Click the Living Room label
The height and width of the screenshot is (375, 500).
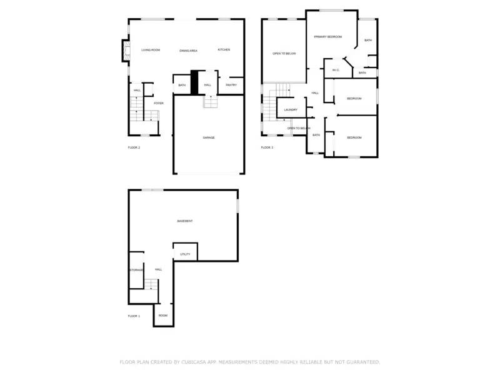coord(151,50)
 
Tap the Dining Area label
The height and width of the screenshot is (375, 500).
coord(188,50)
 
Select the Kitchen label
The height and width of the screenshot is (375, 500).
coord(224,49)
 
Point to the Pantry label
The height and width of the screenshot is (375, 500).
coord(231,85)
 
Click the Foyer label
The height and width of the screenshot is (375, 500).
coord(159,103)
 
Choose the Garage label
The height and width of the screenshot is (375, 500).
coord(208,137)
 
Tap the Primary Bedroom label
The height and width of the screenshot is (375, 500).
coord(328,37)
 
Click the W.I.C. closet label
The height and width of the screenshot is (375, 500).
coord(336,70)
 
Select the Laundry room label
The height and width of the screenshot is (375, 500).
coord(291,110)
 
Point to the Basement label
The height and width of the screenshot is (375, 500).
coord(184,221)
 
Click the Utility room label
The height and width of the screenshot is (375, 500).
coord(185,254)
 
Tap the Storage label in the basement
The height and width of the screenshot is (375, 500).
coord(136,270)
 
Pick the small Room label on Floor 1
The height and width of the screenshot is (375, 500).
coord(162,316)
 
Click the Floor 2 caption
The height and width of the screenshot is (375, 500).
coord(134,147)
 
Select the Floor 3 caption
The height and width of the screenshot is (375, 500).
coord(267,147)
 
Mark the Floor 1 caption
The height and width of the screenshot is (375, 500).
coord(134,316)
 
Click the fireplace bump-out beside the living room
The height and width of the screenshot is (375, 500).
coord(124,51)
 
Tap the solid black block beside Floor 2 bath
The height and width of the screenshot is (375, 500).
coord(194,82)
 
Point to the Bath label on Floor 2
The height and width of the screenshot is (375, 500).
coord(182,85)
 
